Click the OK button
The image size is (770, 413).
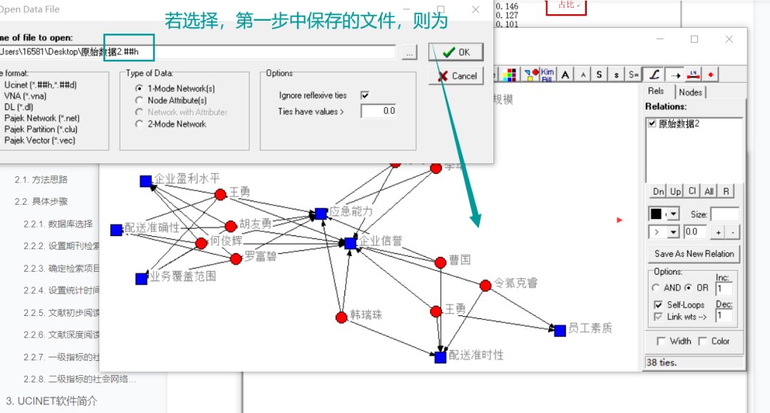point(456,52)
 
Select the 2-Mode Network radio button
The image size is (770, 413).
point(139,124)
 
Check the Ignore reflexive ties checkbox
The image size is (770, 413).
point(365,95)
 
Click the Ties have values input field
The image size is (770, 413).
point(379,111)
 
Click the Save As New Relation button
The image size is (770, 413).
point(694,254)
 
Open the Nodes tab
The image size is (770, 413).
point(690,92)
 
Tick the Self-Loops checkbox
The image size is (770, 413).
point(658,305)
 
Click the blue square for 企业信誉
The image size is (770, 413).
point(350,243)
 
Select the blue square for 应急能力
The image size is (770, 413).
point(321,213)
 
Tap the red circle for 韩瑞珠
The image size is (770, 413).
point(342,317)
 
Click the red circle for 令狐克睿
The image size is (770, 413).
point(486,285)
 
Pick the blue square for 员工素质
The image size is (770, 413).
point(560,330)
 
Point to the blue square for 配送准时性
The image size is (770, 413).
point(441,357)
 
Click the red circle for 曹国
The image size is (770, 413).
point(441,262)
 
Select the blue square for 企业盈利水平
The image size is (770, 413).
point(145,181)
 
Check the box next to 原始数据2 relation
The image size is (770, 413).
point(652,123)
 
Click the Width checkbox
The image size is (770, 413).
point(660,341)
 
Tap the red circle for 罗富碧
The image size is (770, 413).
point(236,258)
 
